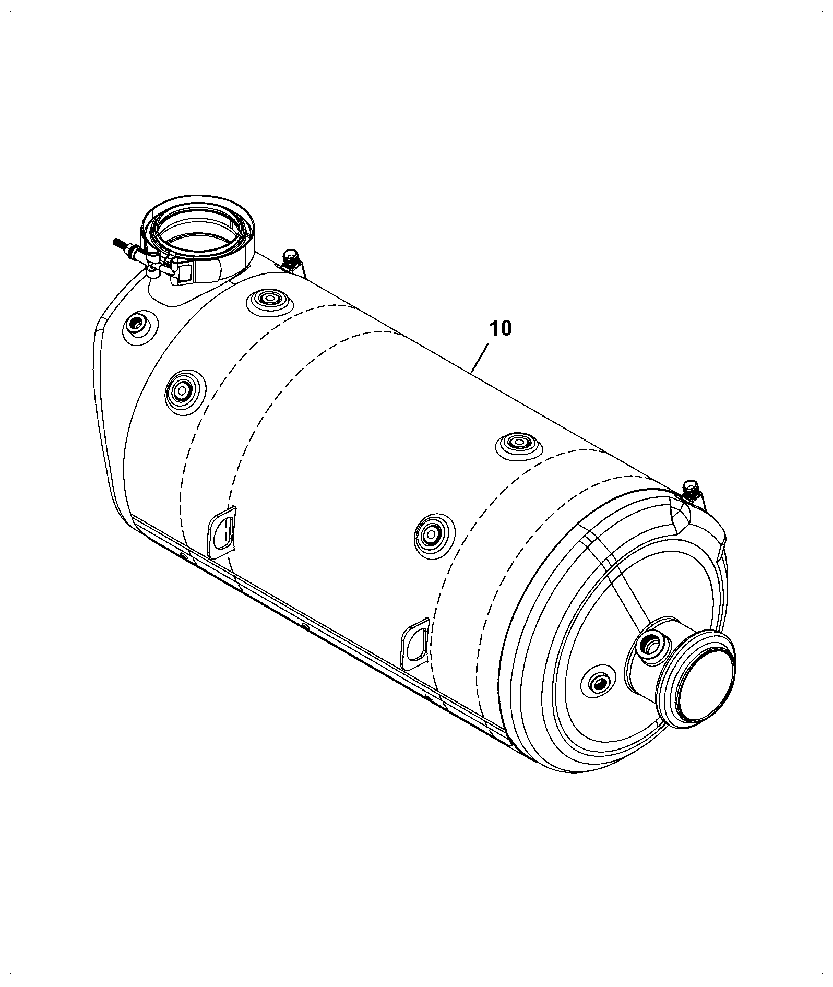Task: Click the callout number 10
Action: point(501,329)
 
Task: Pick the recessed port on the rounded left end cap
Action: point(137,327)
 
